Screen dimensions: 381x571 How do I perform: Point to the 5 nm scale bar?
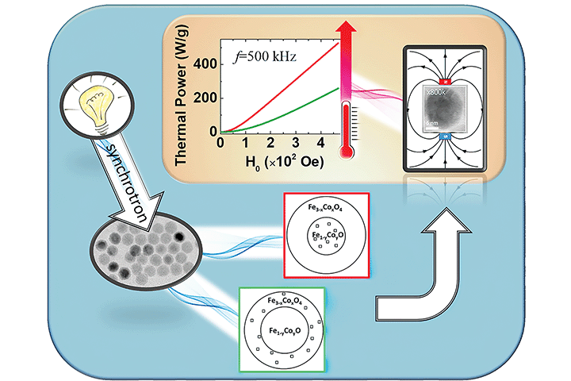(435, 127)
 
